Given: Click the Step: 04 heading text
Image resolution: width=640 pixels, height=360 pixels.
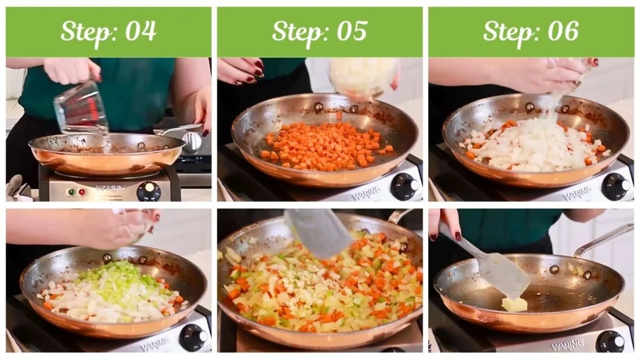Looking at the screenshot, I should pos(108,31).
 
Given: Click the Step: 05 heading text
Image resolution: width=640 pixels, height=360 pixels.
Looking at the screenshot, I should pos(319,31).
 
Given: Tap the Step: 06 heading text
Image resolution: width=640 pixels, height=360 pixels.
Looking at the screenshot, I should pos(531,31).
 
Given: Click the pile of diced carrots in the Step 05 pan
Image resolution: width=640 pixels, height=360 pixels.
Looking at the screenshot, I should pos(325,147).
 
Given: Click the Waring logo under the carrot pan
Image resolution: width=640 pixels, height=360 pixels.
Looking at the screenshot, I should pos(366,194).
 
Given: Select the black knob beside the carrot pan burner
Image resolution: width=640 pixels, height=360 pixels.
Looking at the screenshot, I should pos(404,186).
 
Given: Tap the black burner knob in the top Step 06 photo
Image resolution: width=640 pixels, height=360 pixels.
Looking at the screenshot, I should pos(616,186).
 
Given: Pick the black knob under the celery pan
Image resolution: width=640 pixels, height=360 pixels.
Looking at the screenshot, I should pos(193,337).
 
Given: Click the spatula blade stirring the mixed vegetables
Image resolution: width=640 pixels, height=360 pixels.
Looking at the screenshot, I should pos(319,232).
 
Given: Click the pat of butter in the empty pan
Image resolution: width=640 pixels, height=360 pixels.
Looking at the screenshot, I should pos(515,304).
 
